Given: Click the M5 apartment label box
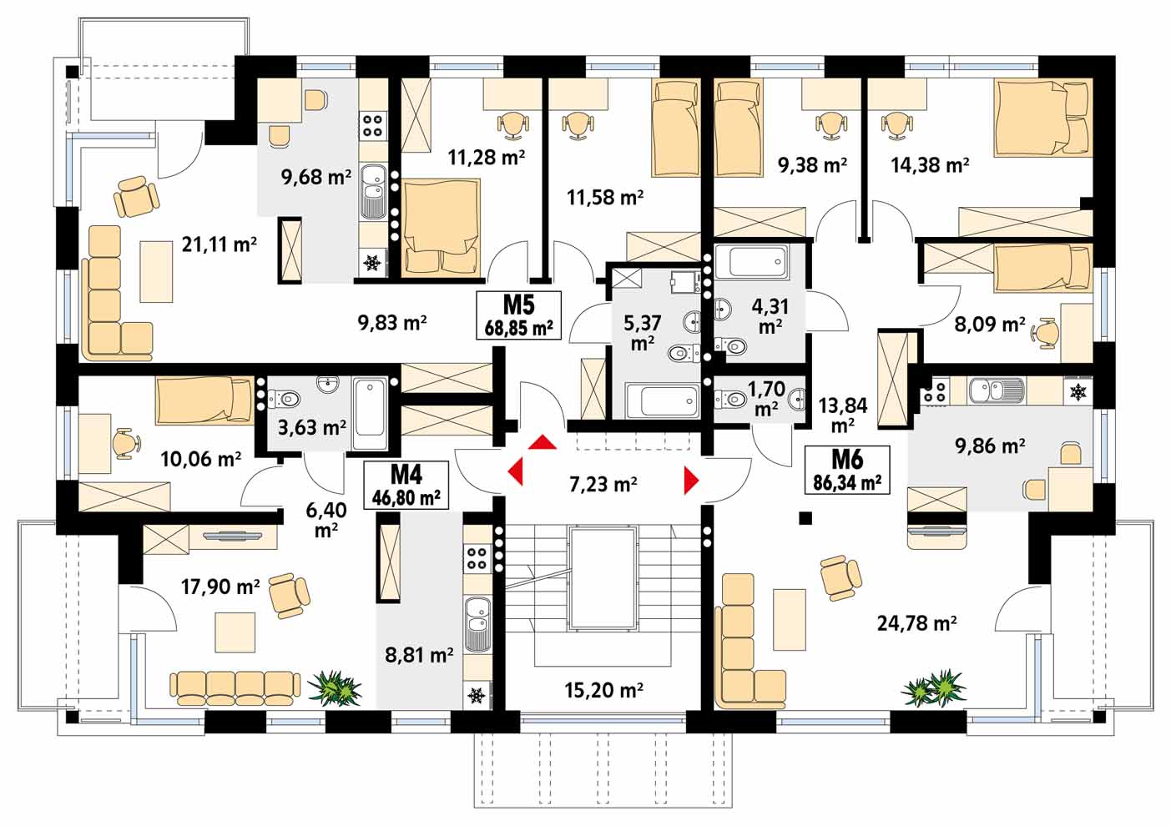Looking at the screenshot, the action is pos(518,315).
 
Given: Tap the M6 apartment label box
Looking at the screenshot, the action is pos(847,470).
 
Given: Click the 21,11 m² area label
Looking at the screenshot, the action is pos(219,244).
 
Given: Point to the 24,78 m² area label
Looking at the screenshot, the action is pos(917,623).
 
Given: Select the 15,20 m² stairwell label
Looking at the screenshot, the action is pos(603,690).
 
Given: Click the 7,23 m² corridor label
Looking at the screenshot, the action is pos(603,484).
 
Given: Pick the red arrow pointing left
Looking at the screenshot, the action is pos(516,471).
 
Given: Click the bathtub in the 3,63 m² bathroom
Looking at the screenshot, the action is pos(370,415).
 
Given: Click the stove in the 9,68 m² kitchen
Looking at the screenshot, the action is pos(372,125).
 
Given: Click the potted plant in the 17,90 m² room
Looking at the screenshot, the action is pos(335,688).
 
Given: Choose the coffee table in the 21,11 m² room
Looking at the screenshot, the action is pos(156,271).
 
